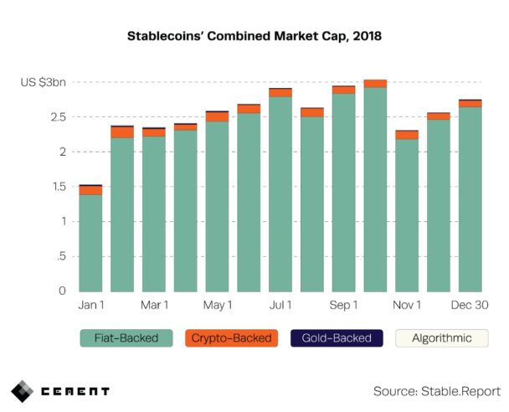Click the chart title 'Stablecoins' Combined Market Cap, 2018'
(254, 37)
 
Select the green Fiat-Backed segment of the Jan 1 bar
(90, 243)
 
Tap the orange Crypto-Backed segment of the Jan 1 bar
(90, 190)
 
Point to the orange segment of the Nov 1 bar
(407, 135)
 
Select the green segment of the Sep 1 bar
(343, 192)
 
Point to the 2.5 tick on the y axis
(57, 117)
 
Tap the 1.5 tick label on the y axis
(58, 187)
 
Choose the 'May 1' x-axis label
(217, 306)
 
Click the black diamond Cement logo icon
(23, 391)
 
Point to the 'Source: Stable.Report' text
(436, 391)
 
